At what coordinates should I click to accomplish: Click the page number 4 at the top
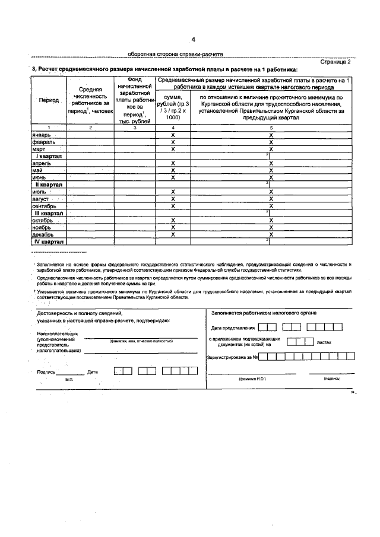coord(194,40)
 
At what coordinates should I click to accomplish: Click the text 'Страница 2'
coord(335,61)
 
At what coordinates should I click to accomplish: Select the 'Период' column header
coord(49,100)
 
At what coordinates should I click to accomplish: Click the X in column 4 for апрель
coord(172,163)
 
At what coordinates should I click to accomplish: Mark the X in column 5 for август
coord(271,199)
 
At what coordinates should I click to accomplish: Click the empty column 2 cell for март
coord(90,149)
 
